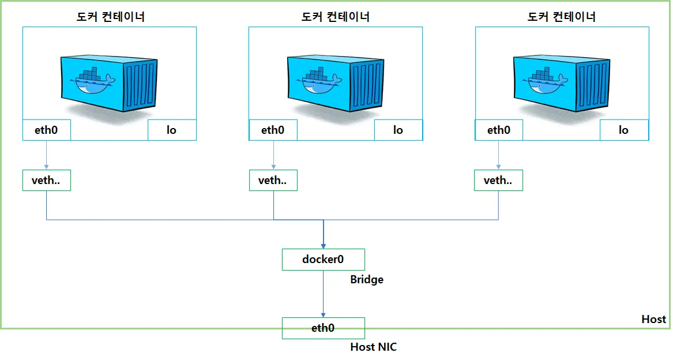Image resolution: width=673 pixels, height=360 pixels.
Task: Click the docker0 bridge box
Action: pos(323,260)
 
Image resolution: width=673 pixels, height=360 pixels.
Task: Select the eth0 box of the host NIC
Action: pos(323,328)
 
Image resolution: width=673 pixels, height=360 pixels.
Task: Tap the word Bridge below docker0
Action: pos(367,280)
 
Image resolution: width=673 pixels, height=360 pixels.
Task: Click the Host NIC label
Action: pos(374,347)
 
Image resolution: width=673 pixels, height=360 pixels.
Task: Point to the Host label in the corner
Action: pos(654,319)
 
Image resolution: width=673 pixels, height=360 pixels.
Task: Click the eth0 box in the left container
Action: pos(46,130)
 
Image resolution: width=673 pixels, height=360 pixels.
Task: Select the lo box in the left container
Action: pos(172,130)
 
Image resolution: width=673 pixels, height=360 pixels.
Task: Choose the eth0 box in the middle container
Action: pos(273,130)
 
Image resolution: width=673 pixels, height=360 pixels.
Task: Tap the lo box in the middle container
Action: pos(398,130)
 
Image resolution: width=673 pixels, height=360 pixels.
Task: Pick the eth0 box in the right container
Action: pos(499,130)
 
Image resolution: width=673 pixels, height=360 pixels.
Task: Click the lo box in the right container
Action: pos(624,130)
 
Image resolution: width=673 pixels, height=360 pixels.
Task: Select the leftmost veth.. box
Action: pos(46,181)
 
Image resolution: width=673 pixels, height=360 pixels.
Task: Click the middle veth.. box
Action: pos(273,181)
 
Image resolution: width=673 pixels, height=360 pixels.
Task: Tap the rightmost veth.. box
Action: pos(498,181)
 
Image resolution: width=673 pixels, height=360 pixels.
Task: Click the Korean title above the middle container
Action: pos(335,17)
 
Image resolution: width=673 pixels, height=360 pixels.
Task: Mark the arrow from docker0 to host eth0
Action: pos(323,294)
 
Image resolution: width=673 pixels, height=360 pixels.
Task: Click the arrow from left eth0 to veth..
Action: pos(46,155)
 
